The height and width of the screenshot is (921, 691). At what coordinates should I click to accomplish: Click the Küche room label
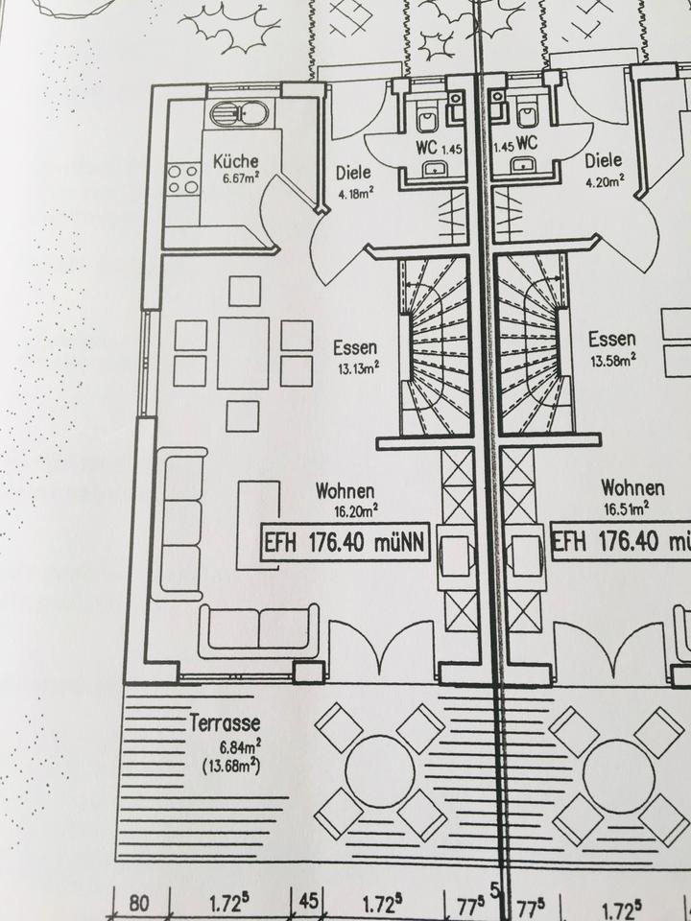click(234, 162)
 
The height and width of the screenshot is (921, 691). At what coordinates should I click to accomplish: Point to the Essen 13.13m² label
click(355, 354)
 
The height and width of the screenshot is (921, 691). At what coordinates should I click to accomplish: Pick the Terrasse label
click(226, 728)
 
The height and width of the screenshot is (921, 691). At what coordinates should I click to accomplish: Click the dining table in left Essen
click(244, 352)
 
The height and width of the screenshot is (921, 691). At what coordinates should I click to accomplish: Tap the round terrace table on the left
click(379, 770)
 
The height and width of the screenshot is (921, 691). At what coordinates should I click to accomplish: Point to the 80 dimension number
click(141, 903)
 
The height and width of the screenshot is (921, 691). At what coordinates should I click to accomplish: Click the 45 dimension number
click(309, 903)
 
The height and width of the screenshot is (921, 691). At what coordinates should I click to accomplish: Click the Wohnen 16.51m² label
click(633, 497)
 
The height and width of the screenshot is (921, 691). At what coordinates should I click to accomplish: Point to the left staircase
click(438, 345)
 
